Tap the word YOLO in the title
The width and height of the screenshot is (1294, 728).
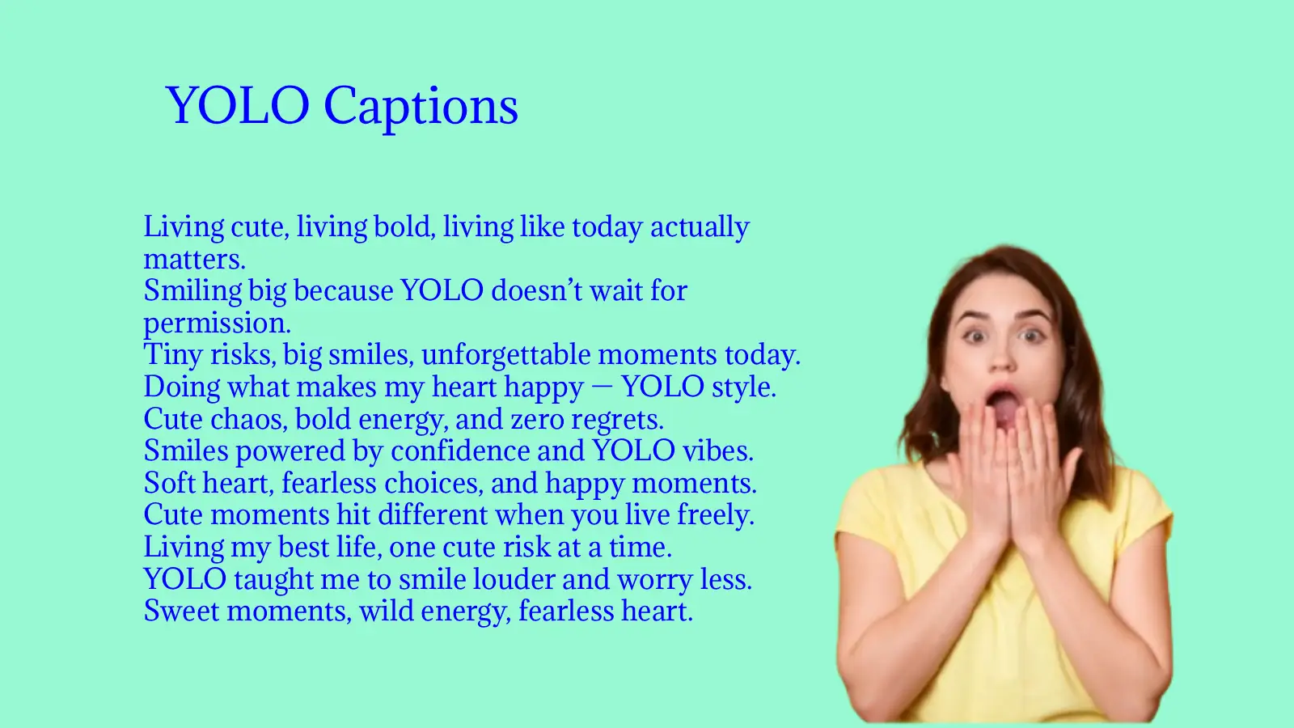[237, 106]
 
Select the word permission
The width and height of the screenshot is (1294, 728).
[217, 324]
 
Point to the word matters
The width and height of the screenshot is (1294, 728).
[194, 260]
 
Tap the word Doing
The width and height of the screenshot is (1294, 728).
[182, 387]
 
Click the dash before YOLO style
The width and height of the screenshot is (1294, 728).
[602, 387]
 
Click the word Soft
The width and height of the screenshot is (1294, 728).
[170, 484]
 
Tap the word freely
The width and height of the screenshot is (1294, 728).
[715, 515]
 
